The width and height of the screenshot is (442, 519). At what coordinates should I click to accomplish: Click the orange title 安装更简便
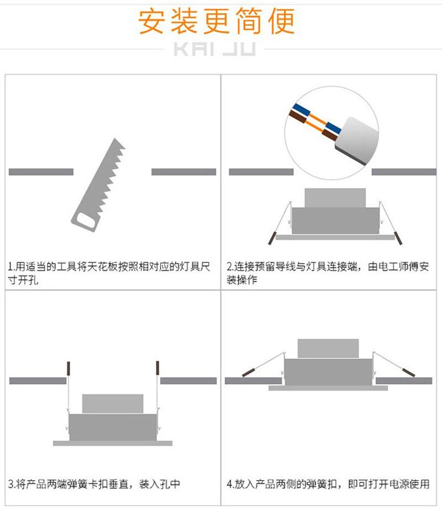[216, 21]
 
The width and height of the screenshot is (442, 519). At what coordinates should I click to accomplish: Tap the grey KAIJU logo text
[214, 49]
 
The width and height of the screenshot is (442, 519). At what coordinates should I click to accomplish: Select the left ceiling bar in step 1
[41, 172]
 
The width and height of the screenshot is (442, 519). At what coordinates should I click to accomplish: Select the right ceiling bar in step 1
[183, 172]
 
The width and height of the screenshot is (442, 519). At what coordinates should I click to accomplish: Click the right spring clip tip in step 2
[398, 238]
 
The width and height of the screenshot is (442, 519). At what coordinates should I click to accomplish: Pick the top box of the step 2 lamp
[335, 198]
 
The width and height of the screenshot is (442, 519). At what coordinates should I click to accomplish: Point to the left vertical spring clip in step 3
[69, 368]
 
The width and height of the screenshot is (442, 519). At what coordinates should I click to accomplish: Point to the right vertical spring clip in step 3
[157, 368]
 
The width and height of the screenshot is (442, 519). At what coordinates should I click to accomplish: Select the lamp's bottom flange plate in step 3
[113, 443]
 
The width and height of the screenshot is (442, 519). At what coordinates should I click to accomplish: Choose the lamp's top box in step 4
[328, 349]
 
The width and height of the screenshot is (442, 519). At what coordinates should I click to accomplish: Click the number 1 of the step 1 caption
[10, 266]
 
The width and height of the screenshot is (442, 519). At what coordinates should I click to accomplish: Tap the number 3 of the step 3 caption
[10, 484]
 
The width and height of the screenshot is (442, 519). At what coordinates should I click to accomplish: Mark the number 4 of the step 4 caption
[230, 484]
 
